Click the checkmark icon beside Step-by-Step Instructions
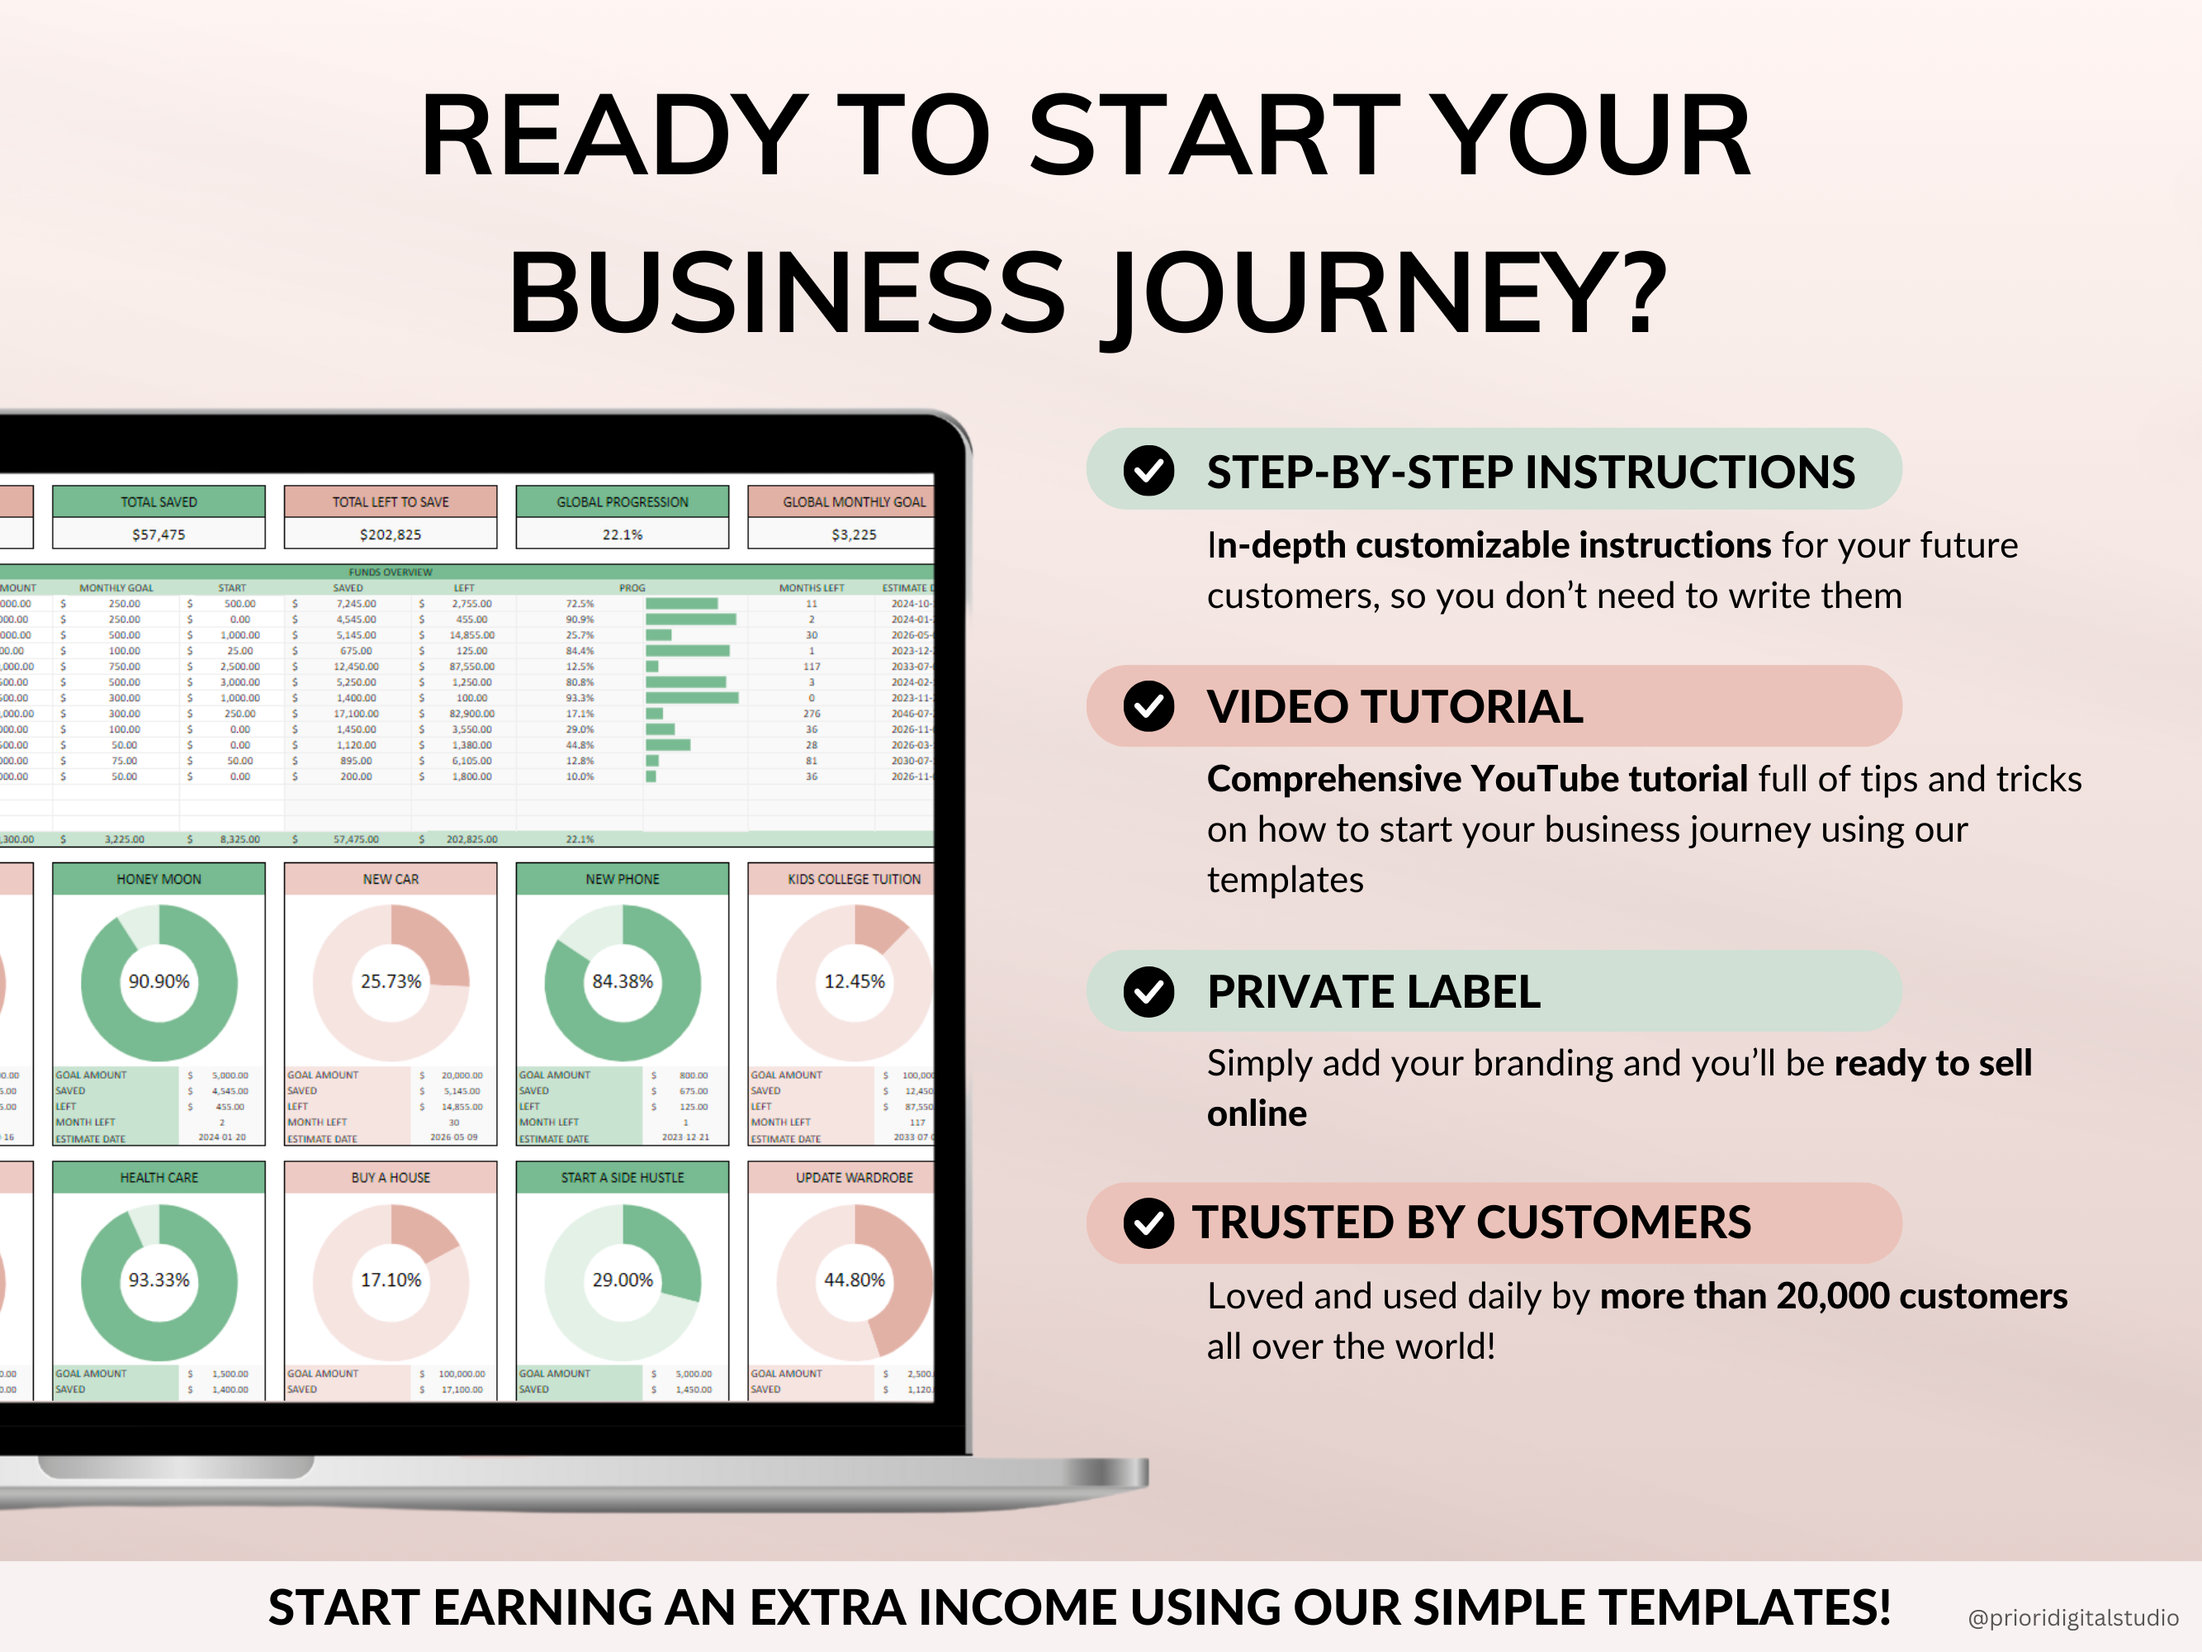pyautogui.click(x=1148, y=471)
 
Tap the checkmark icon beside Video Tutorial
pyautogui.click(x=1148, y=706)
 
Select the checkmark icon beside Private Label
pyautogui.click(x=1148, y=992)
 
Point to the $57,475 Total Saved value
pyautogui.click(x=159, y=534)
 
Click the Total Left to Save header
pyautogui.click(x=391, y=502)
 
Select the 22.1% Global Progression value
pyautogui.click(x=623, y=534)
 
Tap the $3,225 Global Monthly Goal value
pyautogui.click(x=853, y=534)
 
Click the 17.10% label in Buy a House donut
pyautogui.click(x=391, y=1279)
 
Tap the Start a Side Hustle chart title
pyautogui.click(x=623, y=1177)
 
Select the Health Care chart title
pyautogui.click(x=159, y=1177)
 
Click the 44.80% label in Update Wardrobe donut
pyautogui.click(x=853, y=1279)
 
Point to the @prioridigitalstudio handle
pyautogui.click(x=2072, y=1618)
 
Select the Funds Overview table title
pyautogui.click(x=391, y=572)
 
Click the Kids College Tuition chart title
pyautogui.click(x=853, y=879)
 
